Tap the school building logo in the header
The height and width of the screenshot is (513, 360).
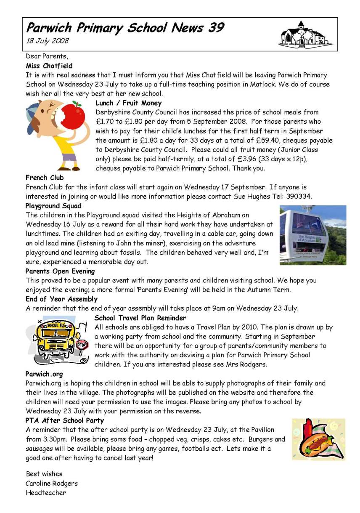305,34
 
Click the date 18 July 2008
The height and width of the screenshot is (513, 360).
47,41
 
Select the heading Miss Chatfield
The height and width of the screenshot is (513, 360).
49,66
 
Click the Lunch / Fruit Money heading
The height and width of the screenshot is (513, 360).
128,103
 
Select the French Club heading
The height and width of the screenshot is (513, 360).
45,178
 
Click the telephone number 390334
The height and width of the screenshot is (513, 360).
294,196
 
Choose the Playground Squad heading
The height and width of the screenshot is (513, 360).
53,206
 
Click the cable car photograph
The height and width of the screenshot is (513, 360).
312,235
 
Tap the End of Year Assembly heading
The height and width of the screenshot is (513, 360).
61,299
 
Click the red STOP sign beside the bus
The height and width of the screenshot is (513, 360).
82,344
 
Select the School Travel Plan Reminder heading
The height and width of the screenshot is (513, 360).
140,318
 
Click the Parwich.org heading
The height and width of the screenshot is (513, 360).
44,374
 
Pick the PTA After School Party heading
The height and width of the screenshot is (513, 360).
65,420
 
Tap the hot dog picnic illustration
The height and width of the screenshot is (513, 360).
318,439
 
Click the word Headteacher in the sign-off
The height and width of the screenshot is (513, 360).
46,492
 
